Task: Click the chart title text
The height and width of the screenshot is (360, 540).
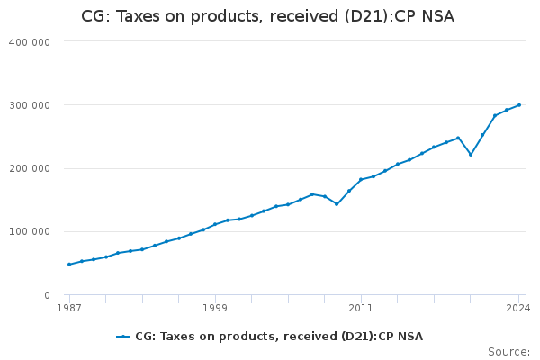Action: [267, 16]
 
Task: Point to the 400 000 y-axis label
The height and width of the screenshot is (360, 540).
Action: [31, 42]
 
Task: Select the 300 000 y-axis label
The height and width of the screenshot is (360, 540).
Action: [31, 105]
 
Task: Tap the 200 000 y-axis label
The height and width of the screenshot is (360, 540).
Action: [31, 168]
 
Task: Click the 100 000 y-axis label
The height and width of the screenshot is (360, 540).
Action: [31, 232]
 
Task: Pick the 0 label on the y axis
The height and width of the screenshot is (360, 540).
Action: [46, 295]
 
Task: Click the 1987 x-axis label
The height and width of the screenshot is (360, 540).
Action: [69, 308]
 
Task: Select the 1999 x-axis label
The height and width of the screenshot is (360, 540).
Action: [215, 308]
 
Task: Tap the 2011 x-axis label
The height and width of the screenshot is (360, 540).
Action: [361, 308]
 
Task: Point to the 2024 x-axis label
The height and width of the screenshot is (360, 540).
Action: [518, 308]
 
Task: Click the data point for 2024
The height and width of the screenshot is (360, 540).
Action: [519, 105]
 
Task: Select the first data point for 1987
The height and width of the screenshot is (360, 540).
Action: [69, 265]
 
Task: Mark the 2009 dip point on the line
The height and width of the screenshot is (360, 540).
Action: [337, 204]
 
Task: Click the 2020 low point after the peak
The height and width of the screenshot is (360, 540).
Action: [471, 155]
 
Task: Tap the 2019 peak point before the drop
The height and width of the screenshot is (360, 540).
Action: [458, 138]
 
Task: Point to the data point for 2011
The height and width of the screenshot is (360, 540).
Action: [361, 179]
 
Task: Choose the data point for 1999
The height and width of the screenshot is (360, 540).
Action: [215, 224]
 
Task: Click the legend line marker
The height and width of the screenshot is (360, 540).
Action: [123, 337]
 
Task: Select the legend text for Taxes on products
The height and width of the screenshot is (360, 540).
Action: [279, 337]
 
